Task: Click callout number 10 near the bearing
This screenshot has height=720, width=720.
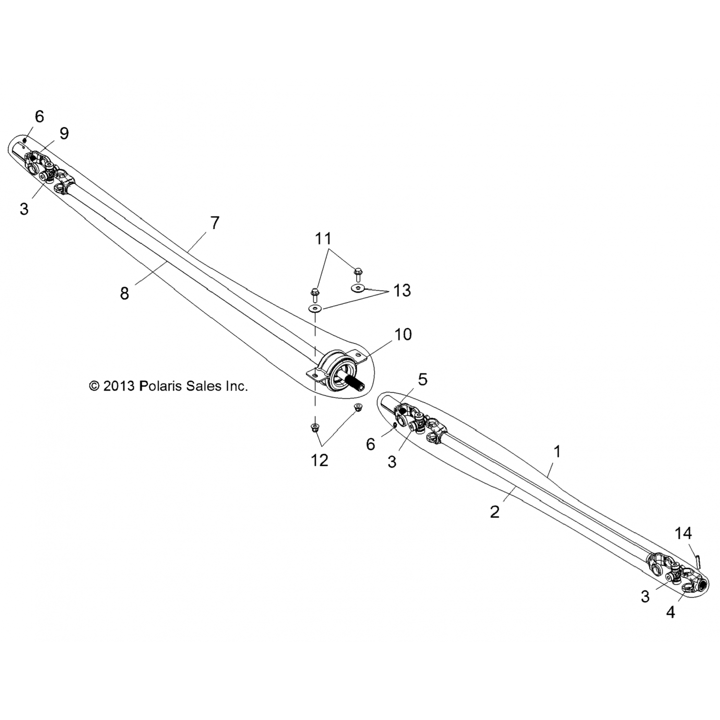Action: tap(403, 334)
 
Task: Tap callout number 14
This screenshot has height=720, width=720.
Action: tap(684, 533)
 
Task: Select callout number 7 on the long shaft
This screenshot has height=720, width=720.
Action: tap(215, 223)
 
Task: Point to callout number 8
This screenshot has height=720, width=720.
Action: tap(125, 293)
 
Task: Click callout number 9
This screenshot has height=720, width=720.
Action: tap(64, 133)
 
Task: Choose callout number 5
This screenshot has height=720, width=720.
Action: tap(422, 379)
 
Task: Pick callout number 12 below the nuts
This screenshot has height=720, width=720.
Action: tap(320, 460)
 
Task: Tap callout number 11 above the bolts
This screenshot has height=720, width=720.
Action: tap(323, 238)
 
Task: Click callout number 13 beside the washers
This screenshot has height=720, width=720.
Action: tap(402, 290)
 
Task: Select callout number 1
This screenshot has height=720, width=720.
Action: tap(557, 451)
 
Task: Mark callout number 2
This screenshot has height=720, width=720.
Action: tap(495, 512)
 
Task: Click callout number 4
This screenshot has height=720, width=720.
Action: tap(671, 612)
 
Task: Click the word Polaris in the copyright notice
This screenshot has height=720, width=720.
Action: tap(158, 386)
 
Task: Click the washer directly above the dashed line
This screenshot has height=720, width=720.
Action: tap(314, 308)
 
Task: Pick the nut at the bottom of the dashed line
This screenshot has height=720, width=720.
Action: tap(315, 427)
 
